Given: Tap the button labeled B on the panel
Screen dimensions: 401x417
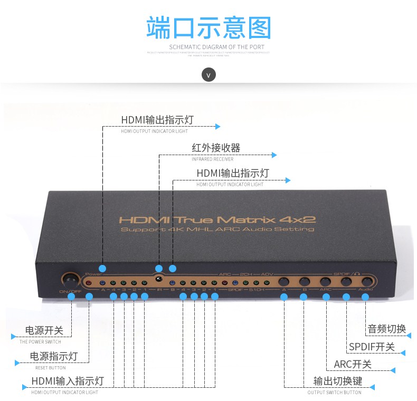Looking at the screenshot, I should pyautogui.click(x=305, y=282).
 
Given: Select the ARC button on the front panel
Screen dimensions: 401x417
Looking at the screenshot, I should pyautogui.click(x=325, y=282).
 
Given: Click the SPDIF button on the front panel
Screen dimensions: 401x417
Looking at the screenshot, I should pyautogui.click(x=346, y=282).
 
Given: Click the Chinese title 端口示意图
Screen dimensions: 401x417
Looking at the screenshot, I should pyautogui.click(x=209, y=27).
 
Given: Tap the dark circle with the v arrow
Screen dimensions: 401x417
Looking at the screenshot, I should pyautogui.click(x=209, y=75).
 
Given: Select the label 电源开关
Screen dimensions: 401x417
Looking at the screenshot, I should pyautogui.click(x=44, y=331).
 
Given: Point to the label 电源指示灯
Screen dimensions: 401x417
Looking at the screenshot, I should pyautogui.click(x=53, y=357).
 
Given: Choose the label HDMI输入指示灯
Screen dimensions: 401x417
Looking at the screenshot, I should pyautogui.click(x=68, y=381).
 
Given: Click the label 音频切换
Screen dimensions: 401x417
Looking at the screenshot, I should pyautogui.click(x=386, y=329).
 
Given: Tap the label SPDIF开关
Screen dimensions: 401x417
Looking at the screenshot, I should pyautogui.click(x=372, y=347).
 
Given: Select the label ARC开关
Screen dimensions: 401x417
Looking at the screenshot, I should pyautogui.click(x=353, y=364).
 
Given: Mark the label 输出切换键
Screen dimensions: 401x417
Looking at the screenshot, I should pyautogui.click(x=334, y=381).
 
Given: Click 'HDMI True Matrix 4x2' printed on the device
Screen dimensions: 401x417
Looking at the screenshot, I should pyautogui.click(x=217, y=219).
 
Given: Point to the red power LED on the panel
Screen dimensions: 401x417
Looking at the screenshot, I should pyautogui.click(x=89, y=283).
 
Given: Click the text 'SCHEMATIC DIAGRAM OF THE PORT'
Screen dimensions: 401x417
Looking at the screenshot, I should pyautogui.click(x=216, y=47).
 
